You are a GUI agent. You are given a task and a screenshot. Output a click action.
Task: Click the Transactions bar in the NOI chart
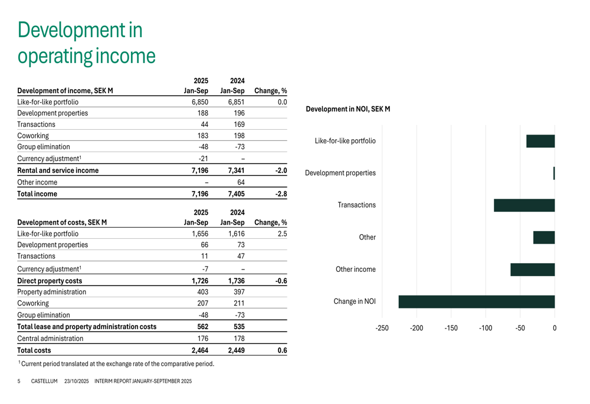524,205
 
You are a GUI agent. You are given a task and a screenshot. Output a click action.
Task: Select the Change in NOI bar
477,302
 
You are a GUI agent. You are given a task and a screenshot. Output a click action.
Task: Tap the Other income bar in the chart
532,270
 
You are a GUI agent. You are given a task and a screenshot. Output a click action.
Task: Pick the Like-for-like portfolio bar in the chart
540,141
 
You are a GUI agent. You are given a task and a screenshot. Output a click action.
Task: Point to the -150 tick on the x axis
451,328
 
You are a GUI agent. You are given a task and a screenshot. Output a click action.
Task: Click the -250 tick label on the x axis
382,328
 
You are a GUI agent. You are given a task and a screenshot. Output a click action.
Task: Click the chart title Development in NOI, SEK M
348,109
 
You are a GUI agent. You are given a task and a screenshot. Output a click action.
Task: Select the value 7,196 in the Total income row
200,193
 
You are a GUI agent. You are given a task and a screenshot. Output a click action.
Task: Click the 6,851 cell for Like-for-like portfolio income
236,102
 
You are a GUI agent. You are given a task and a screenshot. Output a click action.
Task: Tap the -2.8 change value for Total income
281,193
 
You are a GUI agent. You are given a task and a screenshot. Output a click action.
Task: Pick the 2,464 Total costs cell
200,350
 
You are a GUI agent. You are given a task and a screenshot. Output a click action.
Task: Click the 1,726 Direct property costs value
200,281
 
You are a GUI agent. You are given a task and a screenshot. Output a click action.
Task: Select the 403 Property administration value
203,292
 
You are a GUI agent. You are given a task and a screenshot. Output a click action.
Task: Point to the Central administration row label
50,339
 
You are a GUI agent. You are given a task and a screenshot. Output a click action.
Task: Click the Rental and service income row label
58,170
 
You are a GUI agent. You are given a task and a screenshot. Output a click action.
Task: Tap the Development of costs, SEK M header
62,223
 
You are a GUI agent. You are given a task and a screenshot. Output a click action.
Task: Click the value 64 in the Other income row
240,182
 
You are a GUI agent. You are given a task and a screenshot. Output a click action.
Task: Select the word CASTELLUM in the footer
44,382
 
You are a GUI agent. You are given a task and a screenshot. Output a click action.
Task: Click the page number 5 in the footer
19,382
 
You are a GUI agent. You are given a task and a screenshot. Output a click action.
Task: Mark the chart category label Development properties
340,173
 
